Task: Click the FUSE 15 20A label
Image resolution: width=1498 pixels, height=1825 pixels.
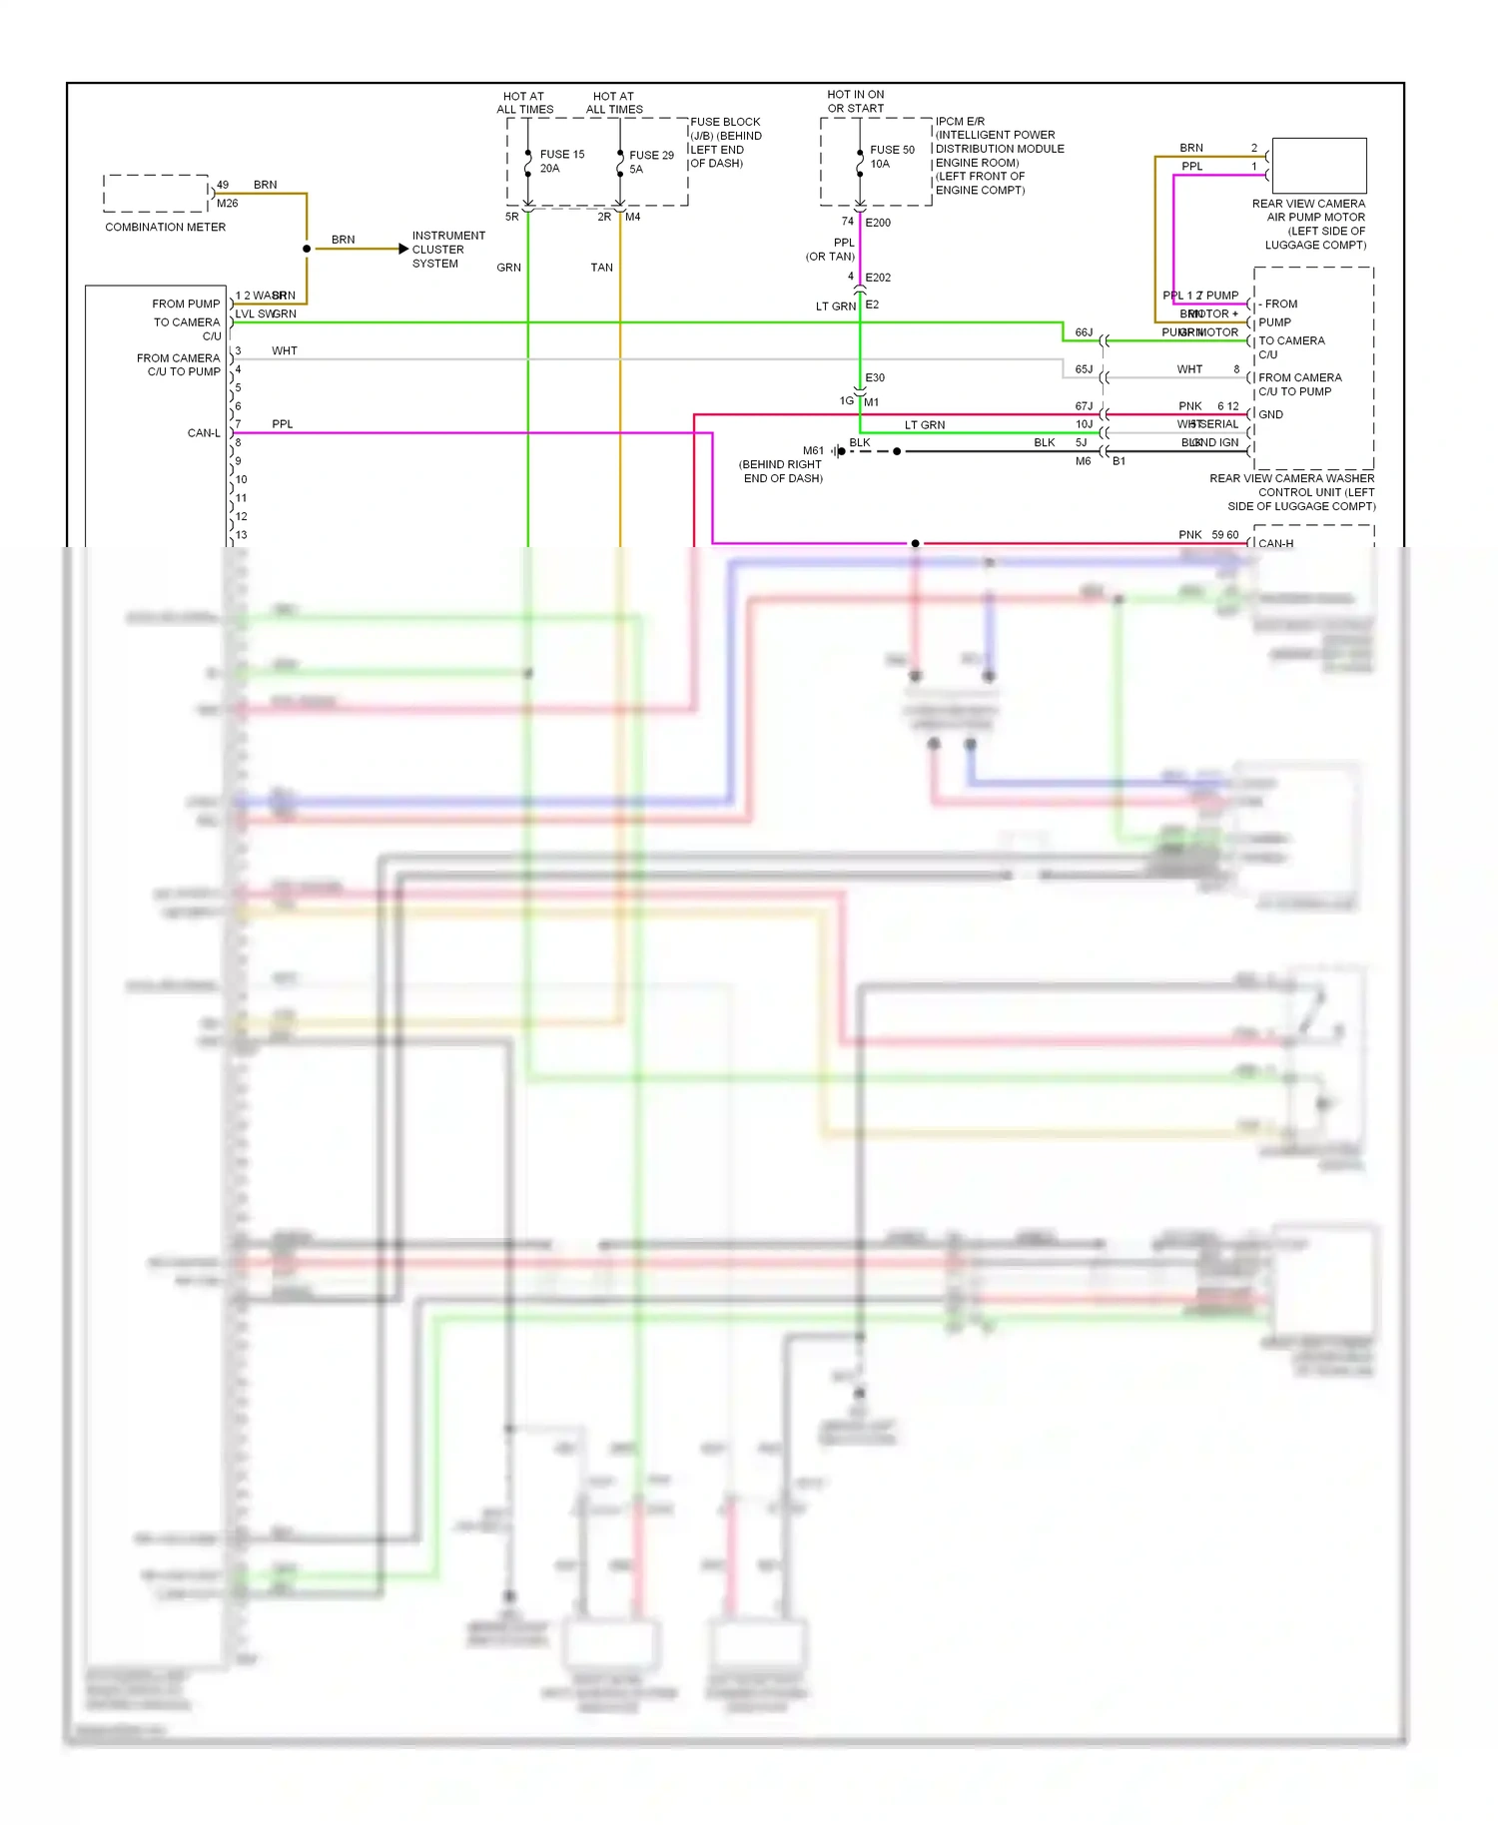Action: [x=561, y=161]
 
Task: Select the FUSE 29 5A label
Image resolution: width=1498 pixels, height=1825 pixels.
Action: [x=650, y=162]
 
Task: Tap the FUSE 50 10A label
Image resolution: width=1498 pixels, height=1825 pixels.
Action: [x=891, y=157]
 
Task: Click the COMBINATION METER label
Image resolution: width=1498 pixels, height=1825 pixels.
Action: [x=165, y=228]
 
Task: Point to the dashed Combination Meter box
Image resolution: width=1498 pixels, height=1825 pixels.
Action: [x=156, y=194]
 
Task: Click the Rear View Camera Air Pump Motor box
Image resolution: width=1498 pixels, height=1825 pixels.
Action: [x=1318, y=166]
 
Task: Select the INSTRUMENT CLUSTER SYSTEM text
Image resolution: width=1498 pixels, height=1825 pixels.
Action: [x=447, y=250]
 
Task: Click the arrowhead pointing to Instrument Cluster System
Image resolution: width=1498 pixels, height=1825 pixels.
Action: [x=403, y=249]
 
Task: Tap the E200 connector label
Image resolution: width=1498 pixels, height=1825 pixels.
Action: [x=878, y=223]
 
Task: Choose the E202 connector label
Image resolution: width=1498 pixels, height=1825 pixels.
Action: [x=878, y=278]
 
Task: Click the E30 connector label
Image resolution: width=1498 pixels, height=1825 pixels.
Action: [x=875, y=377]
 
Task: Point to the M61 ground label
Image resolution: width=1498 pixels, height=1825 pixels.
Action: [x=813, y=451]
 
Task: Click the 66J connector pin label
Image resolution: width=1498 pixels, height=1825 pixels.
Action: [x=1084, y=332]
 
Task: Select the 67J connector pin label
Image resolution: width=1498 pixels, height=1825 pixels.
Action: [x=1084, y=406]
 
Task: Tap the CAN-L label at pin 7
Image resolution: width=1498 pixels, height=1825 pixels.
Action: [x=204, y=433]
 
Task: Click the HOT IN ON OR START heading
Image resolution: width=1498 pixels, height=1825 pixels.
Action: [x=856, y=102]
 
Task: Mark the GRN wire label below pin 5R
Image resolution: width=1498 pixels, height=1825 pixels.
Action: [x=508, y=268]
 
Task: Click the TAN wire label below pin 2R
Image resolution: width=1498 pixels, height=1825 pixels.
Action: [x=601, y=268]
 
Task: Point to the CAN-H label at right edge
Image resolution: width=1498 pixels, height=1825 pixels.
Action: [x=1275, y=544]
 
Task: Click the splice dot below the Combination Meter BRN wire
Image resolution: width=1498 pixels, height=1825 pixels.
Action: [x=307, y=249]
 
